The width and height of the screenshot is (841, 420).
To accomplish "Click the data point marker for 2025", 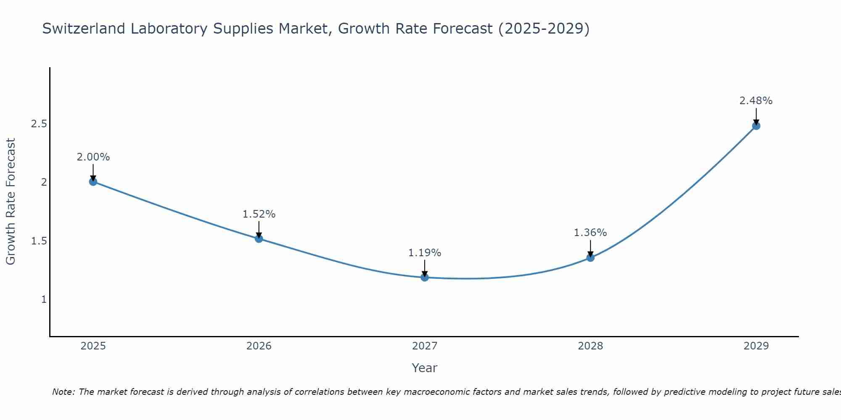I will point(93,181).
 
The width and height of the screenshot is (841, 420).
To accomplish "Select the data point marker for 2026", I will point(259,239).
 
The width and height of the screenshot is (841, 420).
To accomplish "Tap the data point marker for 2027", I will point(425,277).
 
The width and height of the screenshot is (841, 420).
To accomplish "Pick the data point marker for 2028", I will point(590,257).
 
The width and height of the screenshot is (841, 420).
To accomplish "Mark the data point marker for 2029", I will point(756,126).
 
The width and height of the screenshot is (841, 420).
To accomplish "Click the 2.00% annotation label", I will point(93,157).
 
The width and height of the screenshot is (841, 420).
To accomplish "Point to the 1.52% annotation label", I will point(259,214).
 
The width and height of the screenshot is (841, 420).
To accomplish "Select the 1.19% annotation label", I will point(425,253).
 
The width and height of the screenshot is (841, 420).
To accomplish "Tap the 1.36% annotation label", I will point(590,233).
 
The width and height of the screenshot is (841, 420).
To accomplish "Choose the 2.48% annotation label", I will point(756,101).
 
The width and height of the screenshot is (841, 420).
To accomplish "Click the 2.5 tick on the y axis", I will point(39,124).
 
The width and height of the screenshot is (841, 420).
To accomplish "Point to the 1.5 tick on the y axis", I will point(39,241).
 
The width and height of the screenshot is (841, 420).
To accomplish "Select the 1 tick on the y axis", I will point(44,299).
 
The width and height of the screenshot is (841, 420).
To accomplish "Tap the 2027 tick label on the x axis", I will point(425,346).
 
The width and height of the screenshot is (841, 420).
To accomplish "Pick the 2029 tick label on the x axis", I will point(756,346).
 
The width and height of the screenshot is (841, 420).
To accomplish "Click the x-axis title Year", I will point(425,368).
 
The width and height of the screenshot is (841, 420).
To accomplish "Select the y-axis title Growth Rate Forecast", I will point(11,202).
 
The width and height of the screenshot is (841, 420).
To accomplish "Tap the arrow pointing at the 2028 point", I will point(590,248).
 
